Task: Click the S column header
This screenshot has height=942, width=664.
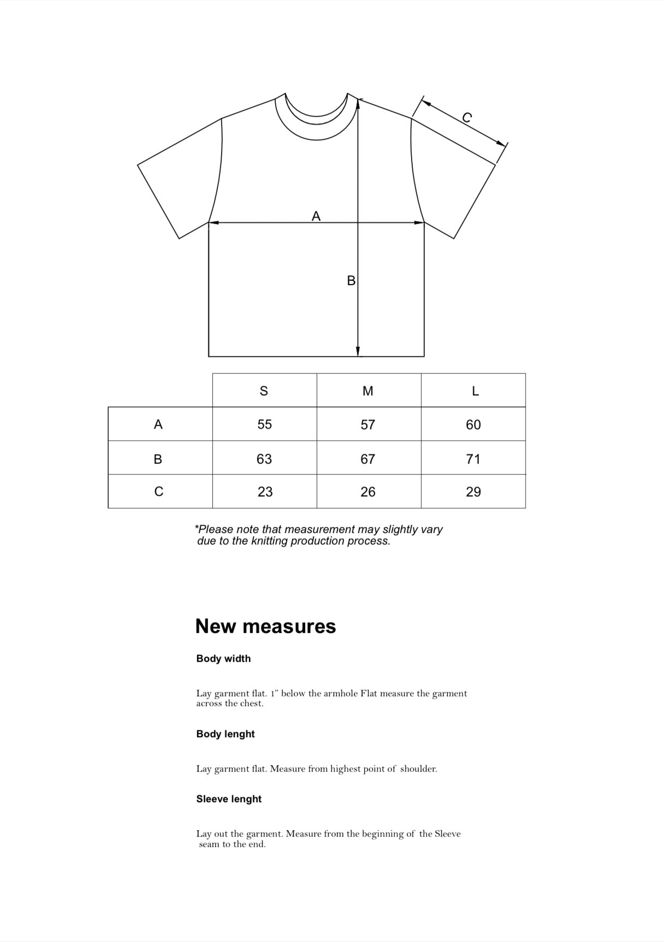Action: point(264,391)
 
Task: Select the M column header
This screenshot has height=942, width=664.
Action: point(368,391)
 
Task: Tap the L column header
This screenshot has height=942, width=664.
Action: point(475,391)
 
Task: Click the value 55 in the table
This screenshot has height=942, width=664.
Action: point(264,424)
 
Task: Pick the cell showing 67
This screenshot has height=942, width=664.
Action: point(368,459)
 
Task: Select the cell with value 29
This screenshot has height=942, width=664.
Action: point(473,492)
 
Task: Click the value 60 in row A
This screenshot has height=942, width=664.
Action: point(473,424)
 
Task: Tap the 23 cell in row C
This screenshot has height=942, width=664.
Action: point(265,492)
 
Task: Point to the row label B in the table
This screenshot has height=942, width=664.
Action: point(158,459)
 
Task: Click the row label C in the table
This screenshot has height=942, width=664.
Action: point(158,492)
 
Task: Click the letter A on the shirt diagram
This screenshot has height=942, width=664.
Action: point(316,216)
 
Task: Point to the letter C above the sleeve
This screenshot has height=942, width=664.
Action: point(467,117)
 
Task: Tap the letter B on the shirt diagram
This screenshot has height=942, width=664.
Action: point(351,281)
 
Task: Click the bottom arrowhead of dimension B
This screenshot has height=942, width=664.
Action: point(358,352)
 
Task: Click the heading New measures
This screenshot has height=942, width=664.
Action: point(265,626)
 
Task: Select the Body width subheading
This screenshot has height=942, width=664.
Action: point(223,659)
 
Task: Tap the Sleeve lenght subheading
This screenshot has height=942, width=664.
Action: point(229,799)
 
